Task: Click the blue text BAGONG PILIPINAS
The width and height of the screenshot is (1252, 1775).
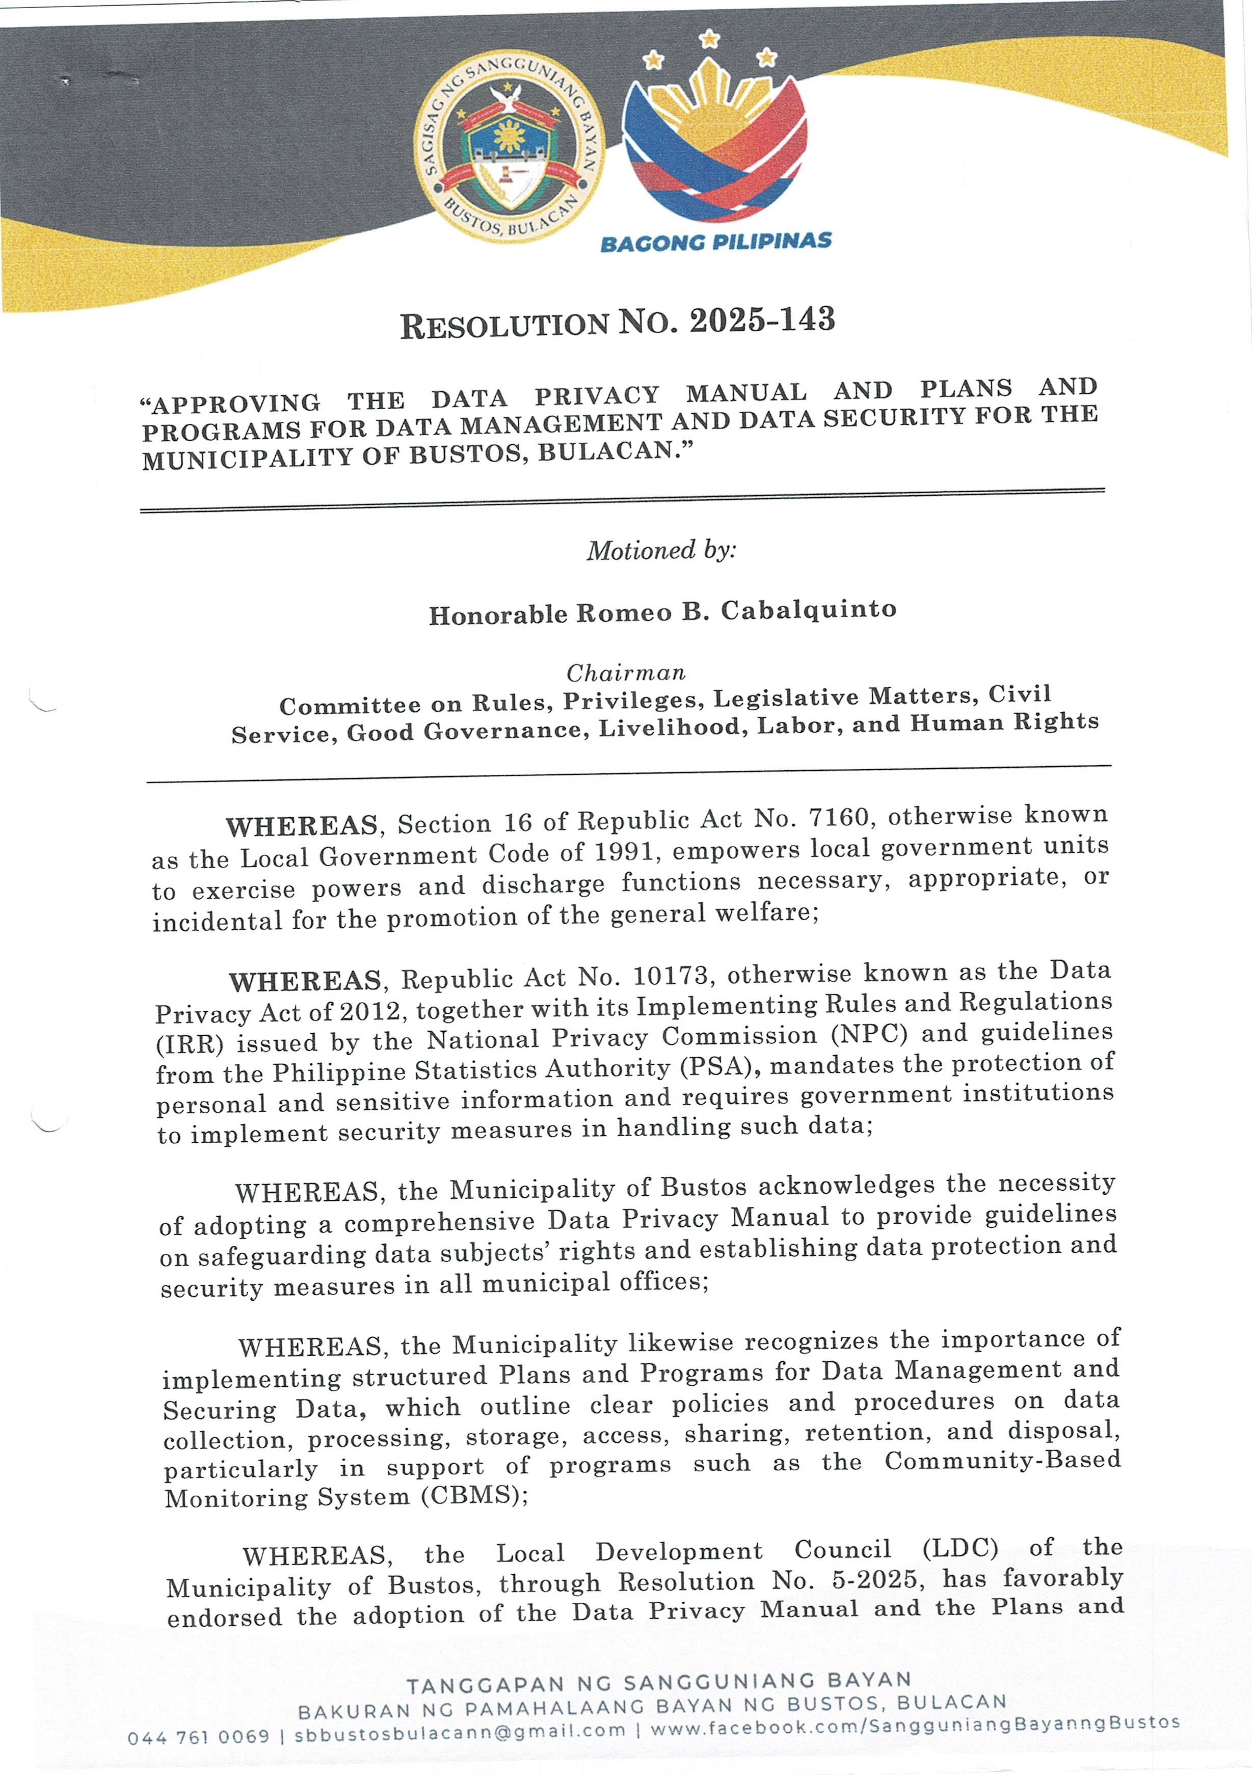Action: click(x=715, y=242)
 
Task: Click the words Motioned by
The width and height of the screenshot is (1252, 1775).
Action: click(x=661, y=550)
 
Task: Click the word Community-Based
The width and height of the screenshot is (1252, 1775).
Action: click(x=1002, y=1460)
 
